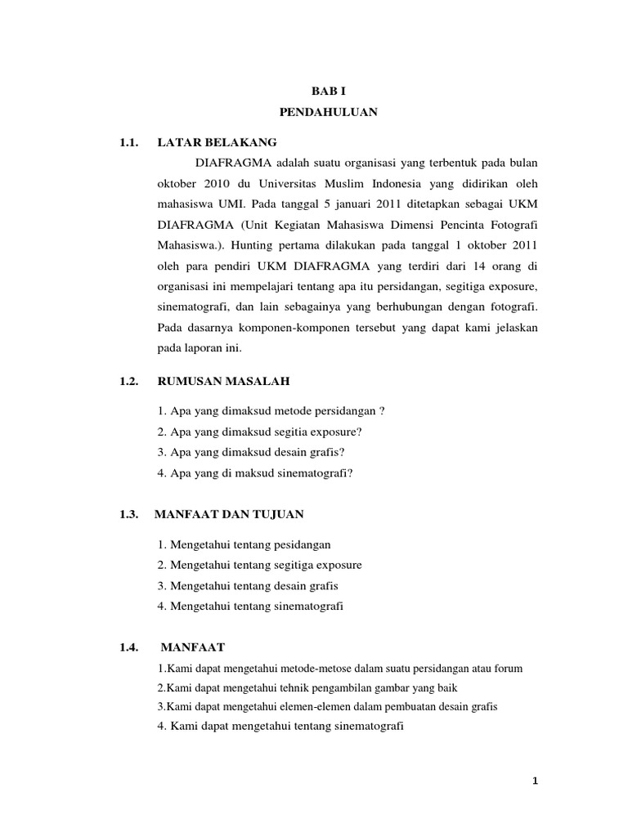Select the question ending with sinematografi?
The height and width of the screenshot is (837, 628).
pyautogui.click(x=253, y=473)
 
